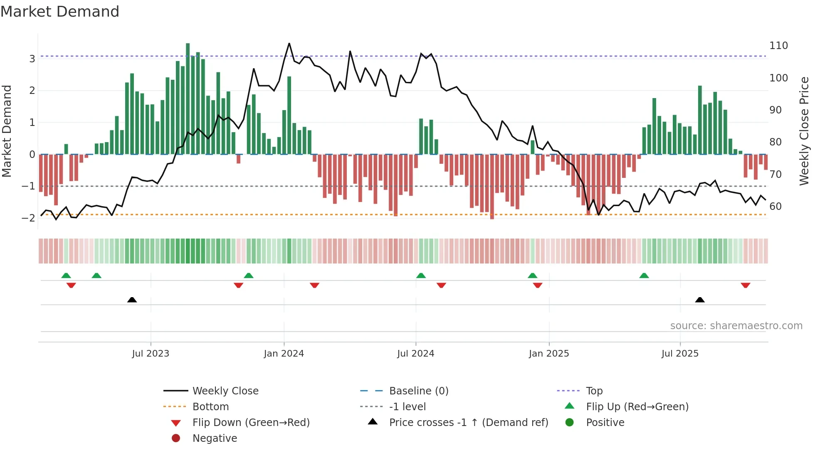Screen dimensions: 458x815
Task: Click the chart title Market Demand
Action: point(60,12)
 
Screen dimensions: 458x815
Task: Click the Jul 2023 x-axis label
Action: point(151,354)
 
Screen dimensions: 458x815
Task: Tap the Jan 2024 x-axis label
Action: point(284,354)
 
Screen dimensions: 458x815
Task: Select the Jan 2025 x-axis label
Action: point(548,354)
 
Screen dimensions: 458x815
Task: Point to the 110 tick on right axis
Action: point(778,46)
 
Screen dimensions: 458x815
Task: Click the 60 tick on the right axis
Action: point(775,207)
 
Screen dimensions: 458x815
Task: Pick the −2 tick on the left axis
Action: point(28,218)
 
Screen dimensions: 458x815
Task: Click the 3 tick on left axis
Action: point(32,59)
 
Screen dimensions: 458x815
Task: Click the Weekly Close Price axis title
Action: point(804,131)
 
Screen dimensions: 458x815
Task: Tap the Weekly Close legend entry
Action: point(225,391)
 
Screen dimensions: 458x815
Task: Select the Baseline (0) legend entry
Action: point(418,391)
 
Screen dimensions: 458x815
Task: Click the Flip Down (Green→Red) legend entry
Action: point(251,423)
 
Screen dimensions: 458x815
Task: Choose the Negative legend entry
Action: point(215,438)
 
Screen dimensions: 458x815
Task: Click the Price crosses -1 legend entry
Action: point(468,423)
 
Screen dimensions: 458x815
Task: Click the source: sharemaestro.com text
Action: point(736,326)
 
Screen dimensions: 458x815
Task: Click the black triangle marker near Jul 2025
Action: point(700,300)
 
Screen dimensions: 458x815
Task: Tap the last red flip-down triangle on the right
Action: point(745,285)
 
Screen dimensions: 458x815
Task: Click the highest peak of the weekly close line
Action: point(289,44)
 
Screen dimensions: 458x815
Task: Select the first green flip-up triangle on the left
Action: point(66,276)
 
